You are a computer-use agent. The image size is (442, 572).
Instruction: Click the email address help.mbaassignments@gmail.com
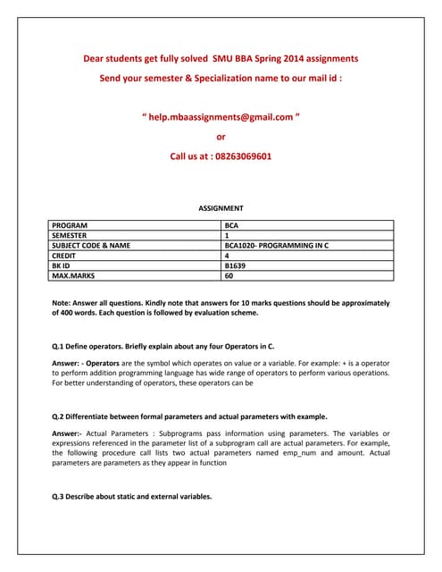221,117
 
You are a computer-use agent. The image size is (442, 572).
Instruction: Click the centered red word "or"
221,137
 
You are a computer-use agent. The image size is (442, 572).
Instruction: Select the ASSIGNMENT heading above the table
221,208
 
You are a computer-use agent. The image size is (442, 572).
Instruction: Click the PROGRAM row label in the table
71,226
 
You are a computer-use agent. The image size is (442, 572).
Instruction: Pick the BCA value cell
232,226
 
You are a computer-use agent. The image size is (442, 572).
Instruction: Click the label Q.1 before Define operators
60,345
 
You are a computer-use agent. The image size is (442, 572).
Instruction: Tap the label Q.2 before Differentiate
60,416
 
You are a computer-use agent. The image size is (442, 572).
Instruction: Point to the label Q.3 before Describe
60,497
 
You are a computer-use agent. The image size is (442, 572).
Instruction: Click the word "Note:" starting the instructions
63,304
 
